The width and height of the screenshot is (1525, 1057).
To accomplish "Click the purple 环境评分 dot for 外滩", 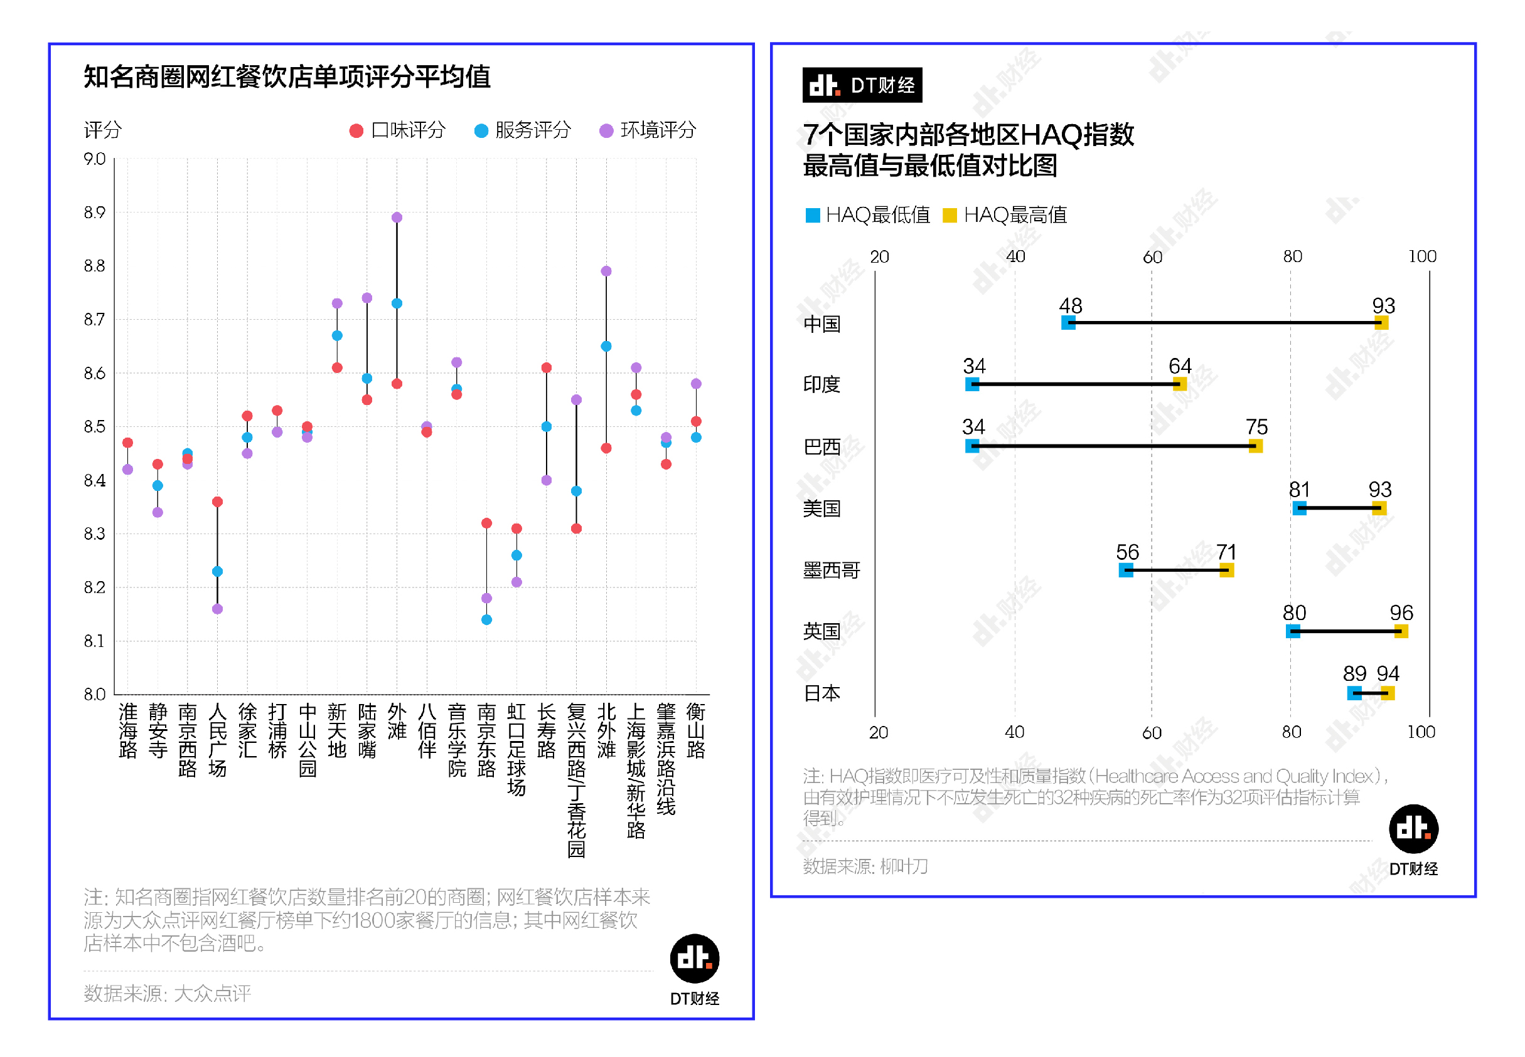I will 397,217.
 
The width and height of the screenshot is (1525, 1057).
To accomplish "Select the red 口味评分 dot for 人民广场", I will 217,502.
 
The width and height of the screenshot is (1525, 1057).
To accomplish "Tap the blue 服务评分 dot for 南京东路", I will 486,619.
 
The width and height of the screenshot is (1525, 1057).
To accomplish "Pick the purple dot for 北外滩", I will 606,271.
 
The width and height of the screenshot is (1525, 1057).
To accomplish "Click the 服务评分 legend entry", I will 522,130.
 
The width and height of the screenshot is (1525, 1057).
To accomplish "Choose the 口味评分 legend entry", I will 397,130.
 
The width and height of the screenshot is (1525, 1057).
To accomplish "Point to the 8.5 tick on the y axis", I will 95,426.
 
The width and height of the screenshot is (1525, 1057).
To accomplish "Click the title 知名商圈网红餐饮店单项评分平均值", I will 286,77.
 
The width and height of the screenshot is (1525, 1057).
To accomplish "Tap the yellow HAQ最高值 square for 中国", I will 1381,322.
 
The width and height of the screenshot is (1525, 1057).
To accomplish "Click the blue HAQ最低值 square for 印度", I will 971,384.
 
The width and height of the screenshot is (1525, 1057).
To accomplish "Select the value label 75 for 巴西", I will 1256,426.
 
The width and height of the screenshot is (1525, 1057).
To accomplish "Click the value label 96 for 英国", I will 1401,612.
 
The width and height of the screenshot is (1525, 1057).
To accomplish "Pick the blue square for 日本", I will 1354,693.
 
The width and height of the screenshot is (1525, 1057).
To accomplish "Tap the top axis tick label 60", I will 1152,257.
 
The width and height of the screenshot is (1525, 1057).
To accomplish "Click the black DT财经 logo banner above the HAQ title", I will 862,85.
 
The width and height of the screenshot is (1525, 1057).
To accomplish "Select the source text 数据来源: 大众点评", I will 167,993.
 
